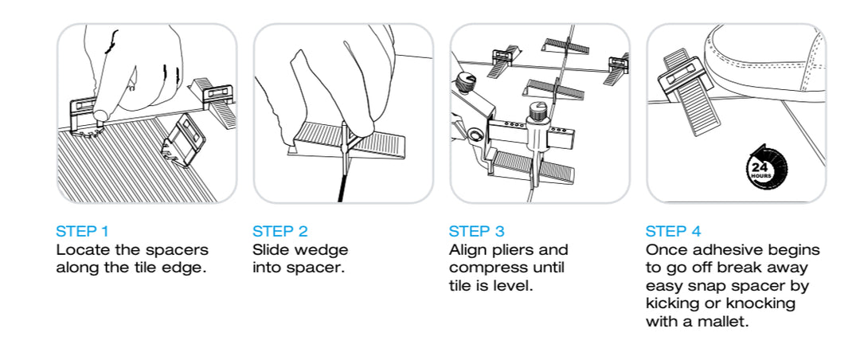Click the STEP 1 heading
coord(82,232)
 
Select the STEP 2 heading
coord(279,232)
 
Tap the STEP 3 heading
coord(476,232)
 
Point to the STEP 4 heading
coord(673,232)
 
